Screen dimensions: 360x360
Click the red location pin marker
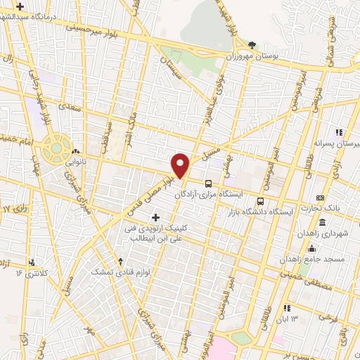(x=181, y=165)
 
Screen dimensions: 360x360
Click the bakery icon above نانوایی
(x=75, y=151)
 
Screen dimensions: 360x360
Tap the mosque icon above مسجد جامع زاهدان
(x=311, y=248)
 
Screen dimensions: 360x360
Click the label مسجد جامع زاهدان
(x=316, y=258)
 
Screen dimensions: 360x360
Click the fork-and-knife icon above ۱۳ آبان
(x=286, y=307)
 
